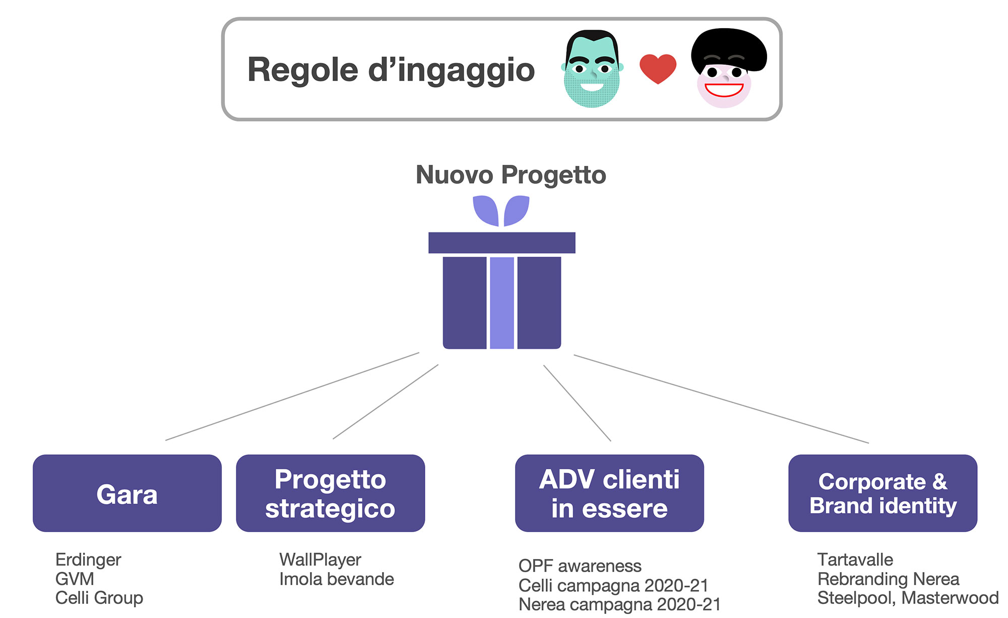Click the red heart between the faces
coord(658,68)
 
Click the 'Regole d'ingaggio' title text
coord(391,70)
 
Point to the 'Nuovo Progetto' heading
coord(511,175)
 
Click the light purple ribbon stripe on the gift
coord(502,302)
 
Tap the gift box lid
coord(501,242)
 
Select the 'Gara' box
coord(127,493)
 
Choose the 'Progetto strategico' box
coord(330,493)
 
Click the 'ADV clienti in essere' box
coord(609,493)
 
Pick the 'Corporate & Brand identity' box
coord(883,493)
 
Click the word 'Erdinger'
coord(88,560)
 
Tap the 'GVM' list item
coord(75,579)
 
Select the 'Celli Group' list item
coord(99,598)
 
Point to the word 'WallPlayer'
coord(320,560)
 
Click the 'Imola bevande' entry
coord(336,579)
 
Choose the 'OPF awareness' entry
coord(580,566)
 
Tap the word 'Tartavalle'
coord(855,560)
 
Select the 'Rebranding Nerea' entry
coord(888,579)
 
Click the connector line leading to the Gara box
coord(292,396)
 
